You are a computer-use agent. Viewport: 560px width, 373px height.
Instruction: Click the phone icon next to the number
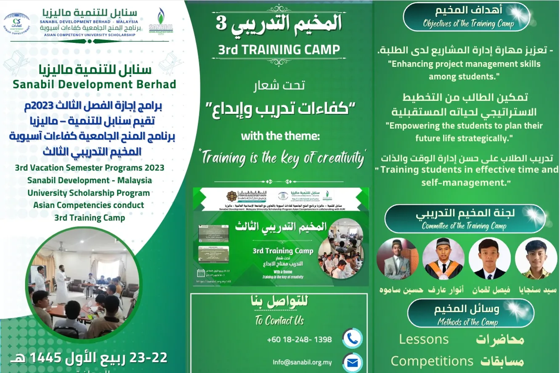pos(352,339)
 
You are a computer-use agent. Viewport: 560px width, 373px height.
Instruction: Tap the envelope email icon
pos(352,362)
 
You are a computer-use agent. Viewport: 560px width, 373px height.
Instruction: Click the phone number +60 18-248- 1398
pos(299,339)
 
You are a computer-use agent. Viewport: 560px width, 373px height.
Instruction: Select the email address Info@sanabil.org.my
pos(302,362)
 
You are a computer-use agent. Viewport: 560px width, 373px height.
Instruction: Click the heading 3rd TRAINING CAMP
pos(279,50)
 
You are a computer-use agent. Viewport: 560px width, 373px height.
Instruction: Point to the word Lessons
pos(424,339)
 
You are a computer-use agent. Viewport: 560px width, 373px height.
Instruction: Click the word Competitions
pos(432,361)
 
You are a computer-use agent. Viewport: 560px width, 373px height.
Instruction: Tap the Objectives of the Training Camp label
pos(468,24)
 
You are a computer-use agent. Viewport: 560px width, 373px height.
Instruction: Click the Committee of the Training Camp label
pos(464,226)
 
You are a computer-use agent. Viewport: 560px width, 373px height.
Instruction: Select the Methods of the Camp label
pos(467,323)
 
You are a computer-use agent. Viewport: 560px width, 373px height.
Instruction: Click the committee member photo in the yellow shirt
pos(536,259)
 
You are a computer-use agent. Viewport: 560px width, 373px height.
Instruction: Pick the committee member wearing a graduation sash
pos(443,259)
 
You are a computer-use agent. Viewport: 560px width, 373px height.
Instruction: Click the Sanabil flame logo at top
pos(161,20)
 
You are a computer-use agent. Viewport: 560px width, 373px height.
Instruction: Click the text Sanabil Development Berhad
pos(94,84)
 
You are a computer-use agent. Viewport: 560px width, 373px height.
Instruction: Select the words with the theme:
pos(280,136)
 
